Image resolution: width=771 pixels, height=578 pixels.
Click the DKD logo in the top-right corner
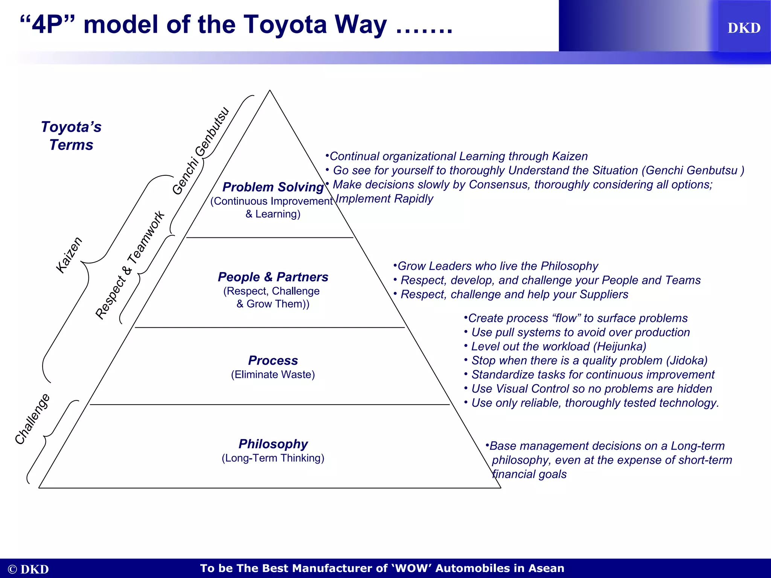(x=744, y=28)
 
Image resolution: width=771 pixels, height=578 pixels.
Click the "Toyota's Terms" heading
(x=71, y=136)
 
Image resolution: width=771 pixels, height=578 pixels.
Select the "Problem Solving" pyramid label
(x=273, y=187)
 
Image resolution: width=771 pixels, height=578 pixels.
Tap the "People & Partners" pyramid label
(x=273, y=277)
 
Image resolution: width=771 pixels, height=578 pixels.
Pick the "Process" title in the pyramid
(x=273, y=360)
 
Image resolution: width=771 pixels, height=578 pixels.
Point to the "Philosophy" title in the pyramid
(x=273, y=444)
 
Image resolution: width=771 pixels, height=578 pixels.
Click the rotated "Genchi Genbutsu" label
(x=201, y=151)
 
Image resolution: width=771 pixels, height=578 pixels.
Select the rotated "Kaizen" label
(x=69, y=255)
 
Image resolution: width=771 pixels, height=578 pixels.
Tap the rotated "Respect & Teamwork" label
(x=130, y=265)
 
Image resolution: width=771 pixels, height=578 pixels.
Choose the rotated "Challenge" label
(x=32, y=419)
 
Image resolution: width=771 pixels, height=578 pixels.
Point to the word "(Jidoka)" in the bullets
(x=687, y=360)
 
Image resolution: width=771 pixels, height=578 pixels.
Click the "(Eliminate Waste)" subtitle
(x=273, y=375)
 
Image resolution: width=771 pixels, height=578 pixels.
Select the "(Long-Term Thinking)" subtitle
(x=273, y=458)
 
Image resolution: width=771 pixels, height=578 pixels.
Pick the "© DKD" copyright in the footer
(x=28, y=569)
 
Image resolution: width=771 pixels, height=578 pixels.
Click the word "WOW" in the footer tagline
(x=412, y=568)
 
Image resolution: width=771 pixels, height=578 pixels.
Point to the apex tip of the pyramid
(x=270, y=90)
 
